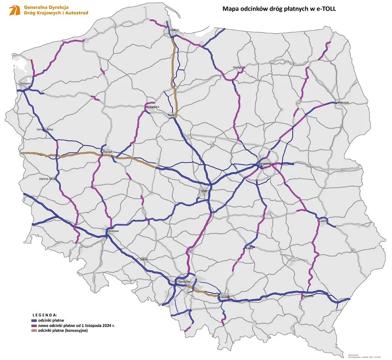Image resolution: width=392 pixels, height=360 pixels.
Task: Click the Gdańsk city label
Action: (x=175, y=30)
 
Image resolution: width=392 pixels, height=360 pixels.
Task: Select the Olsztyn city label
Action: (x=238, y=67)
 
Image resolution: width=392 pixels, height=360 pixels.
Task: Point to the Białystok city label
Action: (x=343, y=103)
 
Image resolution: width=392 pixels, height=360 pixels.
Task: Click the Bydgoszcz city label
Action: (x=152, y=107)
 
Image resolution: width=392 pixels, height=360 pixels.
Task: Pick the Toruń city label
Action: (x=171, y=115)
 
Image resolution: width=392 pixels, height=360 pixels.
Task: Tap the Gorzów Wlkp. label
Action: (x=45, y=129)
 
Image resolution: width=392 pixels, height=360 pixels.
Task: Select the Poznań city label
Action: (x=107, y=151)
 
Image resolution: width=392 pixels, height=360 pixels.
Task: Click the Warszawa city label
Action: (x=265, y=163)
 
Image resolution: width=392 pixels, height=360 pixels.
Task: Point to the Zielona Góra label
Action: (x=48, y=179)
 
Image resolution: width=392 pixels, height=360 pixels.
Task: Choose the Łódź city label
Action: (x=203, y=191)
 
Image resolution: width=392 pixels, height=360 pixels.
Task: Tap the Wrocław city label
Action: (x=113, y=231)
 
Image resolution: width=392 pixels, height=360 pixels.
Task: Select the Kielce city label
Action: (x=249, y=248)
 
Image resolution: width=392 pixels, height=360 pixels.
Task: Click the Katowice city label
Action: (x=184, y=282)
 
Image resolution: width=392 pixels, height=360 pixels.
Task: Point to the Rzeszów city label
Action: (x=308, y=296)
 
